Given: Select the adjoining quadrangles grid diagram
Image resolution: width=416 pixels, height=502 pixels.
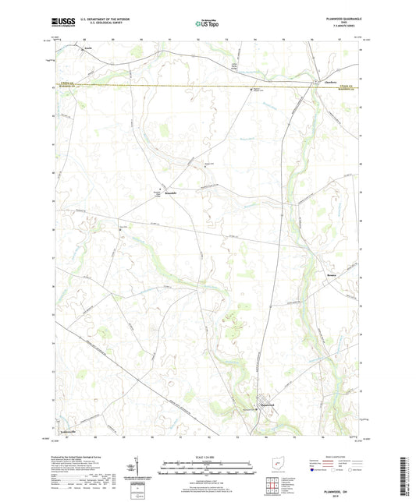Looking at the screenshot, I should (x=272, y=486).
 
